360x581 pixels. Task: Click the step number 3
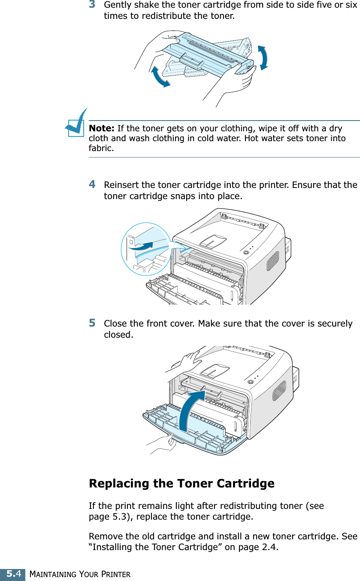point(92,5)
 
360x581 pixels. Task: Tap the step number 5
point(92,323)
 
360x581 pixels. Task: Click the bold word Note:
point(101,129)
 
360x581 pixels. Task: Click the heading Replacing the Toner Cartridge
point(182,484)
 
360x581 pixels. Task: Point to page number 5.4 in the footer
point(12,574)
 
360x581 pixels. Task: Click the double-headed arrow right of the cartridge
point(263,57)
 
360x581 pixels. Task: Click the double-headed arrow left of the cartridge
point(159,77)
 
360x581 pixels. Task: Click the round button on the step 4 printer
point(245,252)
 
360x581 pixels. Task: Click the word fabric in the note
point(101,148)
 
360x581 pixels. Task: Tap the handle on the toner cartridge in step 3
point(192,60)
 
